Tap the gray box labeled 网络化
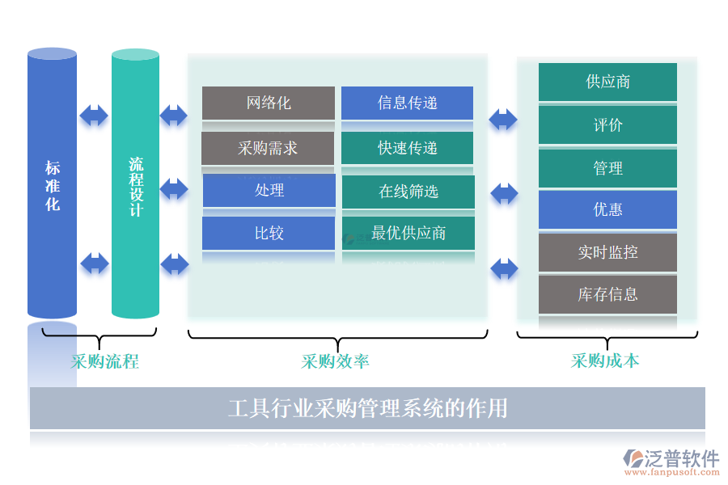tap(268, 103)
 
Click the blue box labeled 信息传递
tap(407, 103)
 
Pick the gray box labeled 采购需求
tap(268, 149)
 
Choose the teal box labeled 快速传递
tap(407, 149)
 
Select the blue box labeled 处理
tap(269, 191)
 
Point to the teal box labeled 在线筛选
tap(408, 192)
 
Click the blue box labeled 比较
tap(269, 234)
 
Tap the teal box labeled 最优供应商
tap(408, 234)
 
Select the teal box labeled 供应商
tap(607, 82)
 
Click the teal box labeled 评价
tap(607, 125)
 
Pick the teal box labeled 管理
tap(607, 168)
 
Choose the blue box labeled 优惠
tap(607, 210)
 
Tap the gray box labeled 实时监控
tap(607, 252)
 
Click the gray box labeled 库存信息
tap(607, 294)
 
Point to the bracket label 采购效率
tap(336, 361)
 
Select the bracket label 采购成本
tap(605, 361)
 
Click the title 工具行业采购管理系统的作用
tap(367, 408)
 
